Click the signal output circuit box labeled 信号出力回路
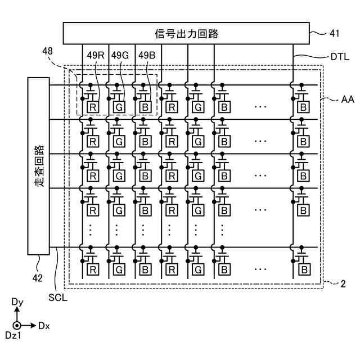pyautogui.click(x=186, y=33)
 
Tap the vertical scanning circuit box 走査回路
pyautogui.click(x=39, y=166)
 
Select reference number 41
pyautogui.click(x=334, y=34)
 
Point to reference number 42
pyautogui.click(x=38, y=278)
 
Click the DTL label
pyautogui.click(x=340, y=57)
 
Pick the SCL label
pyautogui.click(x=58, y=298)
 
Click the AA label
pyautogui.click(x=348, y=100)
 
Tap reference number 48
pyautogui.click(x=47, y=51)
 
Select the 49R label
pyautogui.click(x=96, y=55)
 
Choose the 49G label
pyautogui.click(x=120, y=55)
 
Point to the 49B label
pyautogui.click(x=147, y=55)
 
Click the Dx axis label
pyautogui.click(x=44, y=326)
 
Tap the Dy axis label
pyautogui.click(x=17, y=302)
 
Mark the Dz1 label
pyautogui.click(x=13, y=335)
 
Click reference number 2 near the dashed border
pyautogui.click(x=343, y=284)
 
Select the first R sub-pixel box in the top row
pyautogui.click(x=93, y=107)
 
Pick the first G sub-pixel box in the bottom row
pyautogui.click(x=119, y=269)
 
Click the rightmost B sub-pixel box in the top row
pyautogui.click(x=303, y=107)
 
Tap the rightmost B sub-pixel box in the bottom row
pyautogui.click(x=304, y=269)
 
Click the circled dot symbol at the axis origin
pyautogui.click(x=17, y=326)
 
